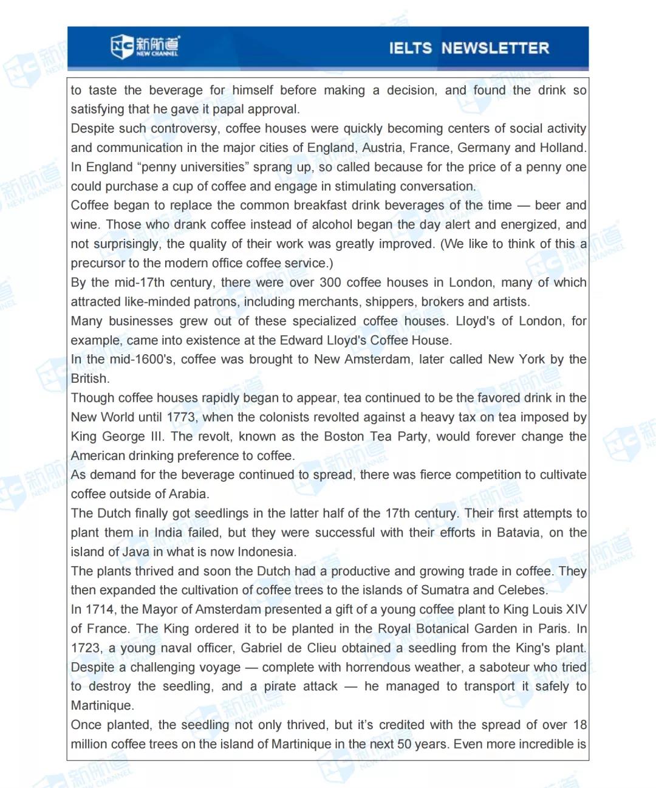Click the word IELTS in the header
click(x=410, y=48)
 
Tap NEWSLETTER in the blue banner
click(x=495, y=48)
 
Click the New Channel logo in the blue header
click(x=145, y=46)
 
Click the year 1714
click(x=100, y=609)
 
